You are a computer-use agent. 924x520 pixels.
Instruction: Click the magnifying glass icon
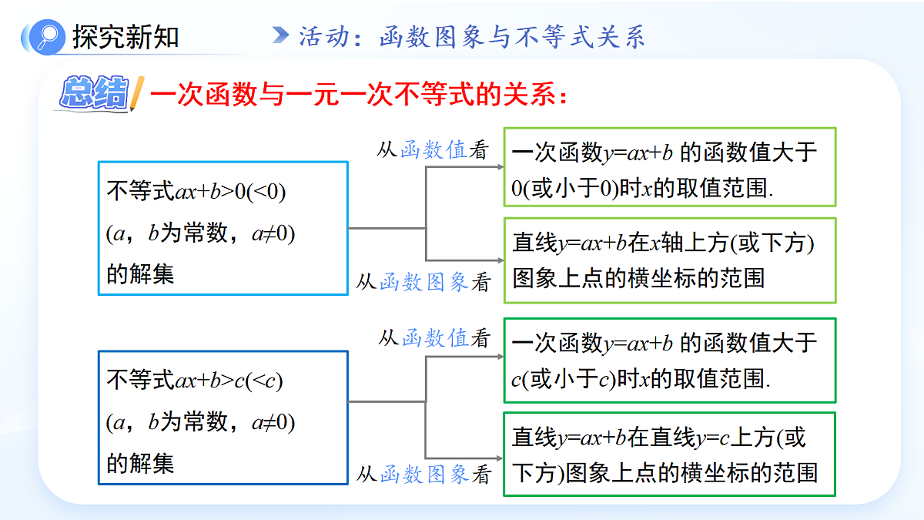pos(48,37)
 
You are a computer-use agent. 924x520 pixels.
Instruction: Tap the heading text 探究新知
pos(126,37)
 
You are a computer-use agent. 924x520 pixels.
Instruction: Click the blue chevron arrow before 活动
pos(281,35)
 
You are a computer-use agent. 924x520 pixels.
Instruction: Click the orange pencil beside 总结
pos(137,94)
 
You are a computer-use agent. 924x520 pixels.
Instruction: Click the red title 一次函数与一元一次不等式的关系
pos(359,94)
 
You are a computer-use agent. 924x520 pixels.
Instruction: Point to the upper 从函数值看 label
pos(433,149)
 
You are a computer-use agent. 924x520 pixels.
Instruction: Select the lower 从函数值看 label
pos(434,338)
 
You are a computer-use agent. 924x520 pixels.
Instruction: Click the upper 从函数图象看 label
pos(423,282)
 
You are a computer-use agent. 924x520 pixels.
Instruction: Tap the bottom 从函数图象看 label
pos(423,474)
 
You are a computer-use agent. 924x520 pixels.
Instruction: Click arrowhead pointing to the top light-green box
pos(500,166)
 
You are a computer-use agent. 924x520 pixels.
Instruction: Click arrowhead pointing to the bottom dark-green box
pos(500,458)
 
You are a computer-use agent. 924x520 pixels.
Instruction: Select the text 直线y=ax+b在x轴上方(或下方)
pos(663,243)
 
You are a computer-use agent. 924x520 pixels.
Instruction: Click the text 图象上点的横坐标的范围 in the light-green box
pos(638,278)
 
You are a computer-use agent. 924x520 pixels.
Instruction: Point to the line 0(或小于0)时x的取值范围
pos(642,188)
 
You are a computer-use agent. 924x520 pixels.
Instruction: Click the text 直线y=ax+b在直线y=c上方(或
pos(659,438)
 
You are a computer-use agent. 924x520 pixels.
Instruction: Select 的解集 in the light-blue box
pos(140,274)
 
